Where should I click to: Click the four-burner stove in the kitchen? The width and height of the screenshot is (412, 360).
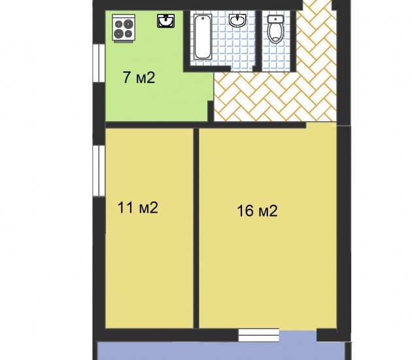point(124,28)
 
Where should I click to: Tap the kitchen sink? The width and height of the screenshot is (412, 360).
point(166,21)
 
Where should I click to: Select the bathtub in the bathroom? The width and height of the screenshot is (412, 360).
point(202,37)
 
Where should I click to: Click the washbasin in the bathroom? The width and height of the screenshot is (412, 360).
point(237,20)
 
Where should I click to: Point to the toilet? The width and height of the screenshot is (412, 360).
point(275,29)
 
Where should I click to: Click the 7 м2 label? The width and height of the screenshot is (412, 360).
point(139,78)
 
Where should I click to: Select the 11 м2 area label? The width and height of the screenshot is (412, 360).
point(138,207)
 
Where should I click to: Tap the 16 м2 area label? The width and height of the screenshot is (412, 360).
point(257,211)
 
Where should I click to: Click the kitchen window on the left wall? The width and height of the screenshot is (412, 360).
point(99,63)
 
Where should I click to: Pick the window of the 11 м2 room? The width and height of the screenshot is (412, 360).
point(99,171)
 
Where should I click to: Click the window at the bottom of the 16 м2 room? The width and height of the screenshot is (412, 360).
point(258,334)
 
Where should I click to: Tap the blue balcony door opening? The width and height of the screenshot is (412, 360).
point(298,336)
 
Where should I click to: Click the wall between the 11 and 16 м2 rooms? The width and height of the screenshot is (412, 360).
point(196,228)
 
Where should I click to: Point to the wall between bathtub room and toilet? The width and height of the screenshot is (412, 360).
point(258,41)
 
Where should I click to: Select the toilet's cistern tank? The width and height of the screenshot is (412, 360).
point(275,19)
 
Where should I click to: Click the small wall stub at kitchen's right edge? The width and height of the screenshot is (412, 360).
point(211,111)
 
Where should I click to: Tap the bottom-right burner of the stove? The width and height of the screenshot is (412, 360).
point(128,34)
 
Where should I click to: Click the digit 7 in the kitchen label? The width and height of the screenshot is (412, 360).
point(127,78)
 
